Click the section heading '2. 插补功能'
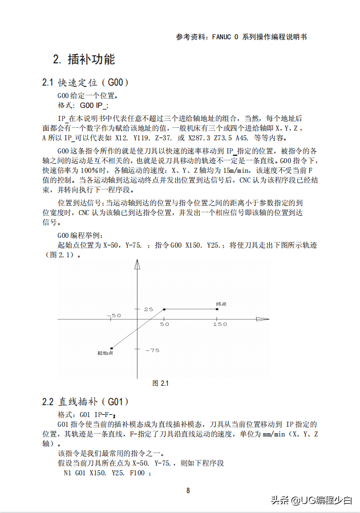(x=84, y=59)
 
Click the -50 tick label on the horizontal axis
(x=114, y=316)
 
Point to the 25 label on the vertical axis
(x=148, y=309)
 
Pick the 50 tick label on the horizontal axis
(x=165, y=324)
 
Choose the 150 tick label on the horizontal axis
(x=220, y=324)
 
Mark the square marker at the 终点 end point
(x=217, y=309)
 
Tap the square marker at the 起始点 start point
(x=112, y=348)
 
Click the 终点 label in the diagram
(x=221, y=304)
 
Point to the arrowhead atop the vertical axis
(x=137, y=263)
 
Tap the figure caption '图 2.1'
(x=160, y=383)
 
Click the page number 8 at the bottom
(x=188, y=490)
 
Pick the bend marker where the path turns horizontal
(x=164, y=309)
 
